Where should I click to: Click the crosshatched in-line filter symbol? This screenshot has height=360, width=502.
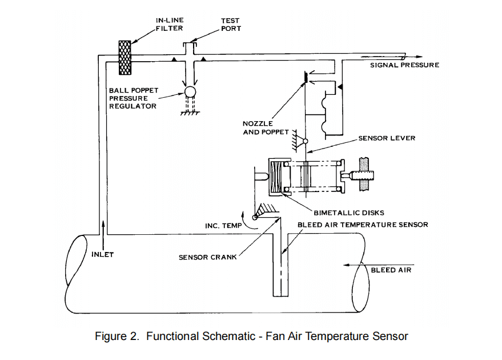tap(125, 57)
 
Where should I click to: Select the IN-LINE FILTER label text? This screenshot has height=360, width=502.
tap(170, 25)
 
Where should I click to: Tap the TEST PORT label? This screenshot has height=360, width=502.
tap(231, 25)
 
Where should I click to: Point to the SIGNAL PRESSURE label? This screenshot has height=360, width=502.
tap(404, 65)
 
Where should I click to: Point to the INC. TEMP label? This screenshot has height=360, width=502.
tap(223, 226)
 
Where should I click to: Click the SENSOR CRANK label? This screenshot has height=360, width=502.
tap(207, 257)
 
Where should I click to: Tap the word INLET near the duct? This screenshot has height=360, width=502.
tap(103, 255)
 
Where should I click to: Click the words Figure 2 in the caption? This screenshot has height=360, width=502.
tap(117, 336)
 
